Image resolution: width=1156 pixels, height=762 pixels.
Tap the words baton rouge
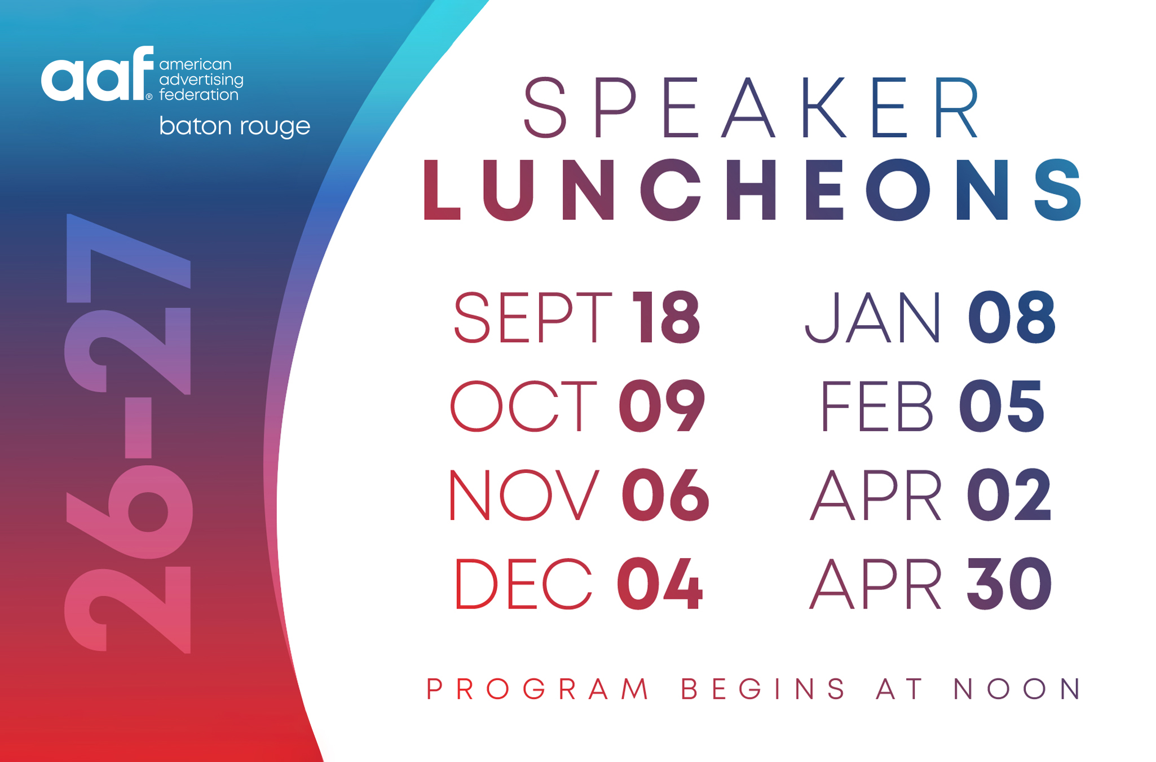[x=235, y=126]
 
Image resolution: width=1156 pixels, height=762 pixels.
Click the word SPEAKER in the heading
[x=751, y=107]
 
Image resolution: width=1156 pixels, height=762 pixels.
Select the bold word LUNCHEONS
[x=752, y=190]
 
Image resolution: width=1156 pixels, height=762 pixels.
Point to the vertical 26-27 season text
[x=129, y=433]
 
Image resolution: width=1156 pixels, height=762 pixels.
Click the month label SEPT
[x=532, y=317]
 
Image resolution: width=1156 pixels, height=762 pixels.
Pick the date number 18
[x=666, y=317]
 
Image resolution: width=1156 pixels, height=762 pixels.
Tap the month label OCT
[x=523, y=406]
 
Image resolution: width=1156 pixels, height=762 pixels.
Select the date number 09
[x=662, y=406]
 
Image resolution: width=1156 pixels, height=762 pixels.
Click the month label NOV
[x=524, y=495]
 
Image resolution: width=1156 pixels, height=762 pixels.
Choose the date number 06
[x=665, y=495]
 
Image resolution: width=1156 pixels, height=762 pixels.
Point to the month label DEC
[x=523, y=584]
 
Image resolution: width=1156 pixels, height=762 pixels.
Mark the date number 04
[x=660, y=584]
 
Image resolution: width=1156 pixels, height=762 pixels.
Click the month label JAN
[x=873, y=317]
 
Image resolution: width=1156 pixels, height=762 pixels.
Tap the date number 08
[x=1012, y=317]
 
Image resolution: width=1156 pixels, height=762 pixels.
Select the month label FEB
[x=877, y=406]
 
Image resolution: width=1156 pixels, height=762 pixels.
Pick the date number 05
[x=1002, y=406]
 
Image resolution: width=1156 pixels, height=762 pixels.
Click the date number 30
[x=1009, y=584]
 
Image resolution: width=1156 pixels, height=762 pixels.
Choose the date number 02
[x=1009, y=495]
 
